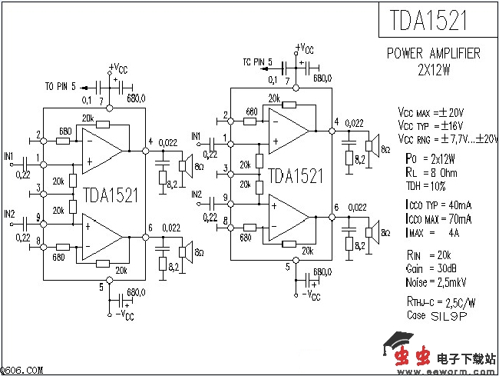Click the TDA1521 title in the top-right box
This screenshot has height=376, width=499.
429,21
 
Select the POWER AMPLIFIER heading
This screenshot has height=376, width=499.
433,54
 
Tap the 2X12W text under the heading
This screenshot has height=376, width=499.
434,68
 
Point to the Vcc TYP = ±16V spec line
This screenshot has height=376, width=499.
429,125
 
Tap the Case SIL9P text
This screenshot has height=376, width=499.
425,315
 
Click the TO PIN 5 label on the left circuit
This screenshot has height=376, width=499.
61,86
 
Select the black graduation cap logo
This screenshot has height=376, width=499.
399,340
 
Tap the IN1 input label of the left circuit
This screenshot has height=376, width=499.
9,156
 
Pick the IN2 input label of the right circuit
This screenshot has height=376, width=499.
197,192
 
